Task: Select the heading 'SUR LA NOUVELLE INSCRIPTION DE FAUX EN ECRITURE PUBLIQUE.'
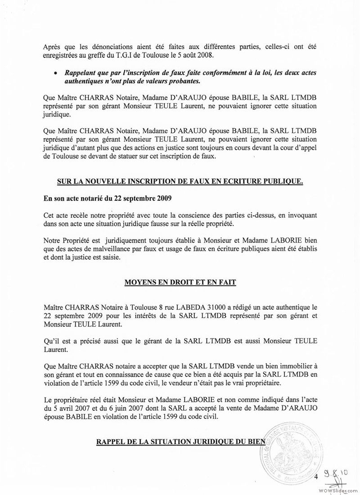coord(180,181)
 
